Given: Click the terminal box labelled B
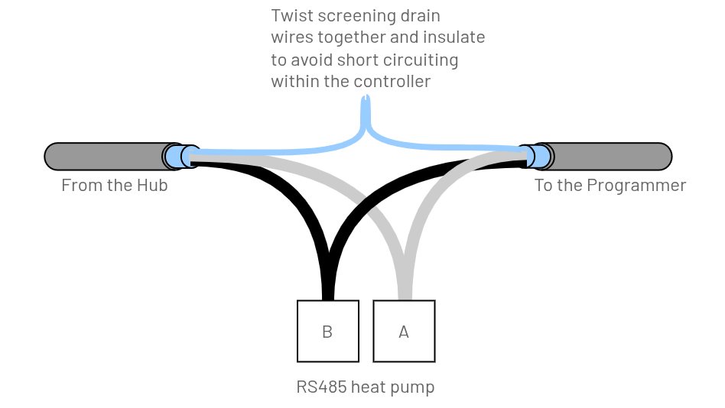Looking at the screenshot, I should click(x=327, y=331).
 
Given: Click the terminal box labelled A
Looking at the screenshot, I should click(x=404, y=331).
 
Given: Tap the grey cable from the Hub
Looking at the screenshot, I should click(x=103, y=156).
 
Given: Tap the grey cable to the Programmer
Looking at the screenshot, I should click(x=612, y=156).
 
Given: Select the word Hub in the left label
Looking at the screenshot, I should click(x=153, y=185).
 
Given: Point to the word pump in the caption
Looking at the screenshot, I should click(x=414, y=387).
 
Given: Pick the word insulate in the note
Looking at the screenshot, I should click(x=455, y=37).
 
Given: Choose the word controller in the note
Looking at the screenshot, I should click(x=392, y=80).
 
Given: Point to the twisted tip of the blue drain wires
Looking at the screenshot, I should click(x=366, y=102).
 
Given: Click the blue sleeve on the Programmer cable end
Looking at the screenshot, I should click(x=538, y=156).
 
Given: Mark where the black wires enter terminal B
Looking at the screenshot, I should click(x=328, y=296).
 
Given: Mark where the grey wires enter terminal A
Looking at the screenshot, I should click(x=405, y=296).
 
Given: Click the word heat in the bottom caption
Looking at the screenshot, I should click(x=370, y=387).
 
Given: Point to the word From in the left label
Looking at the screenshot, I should click(x=80, y=185).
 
